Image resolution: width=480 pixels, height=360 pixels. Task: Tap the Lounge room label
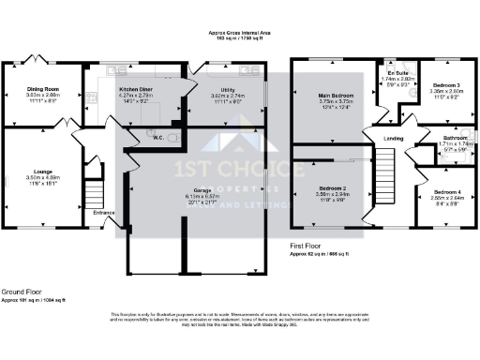coord(42,172)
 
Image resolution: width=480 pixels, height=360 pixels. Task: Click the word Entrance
coord(104,213)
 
